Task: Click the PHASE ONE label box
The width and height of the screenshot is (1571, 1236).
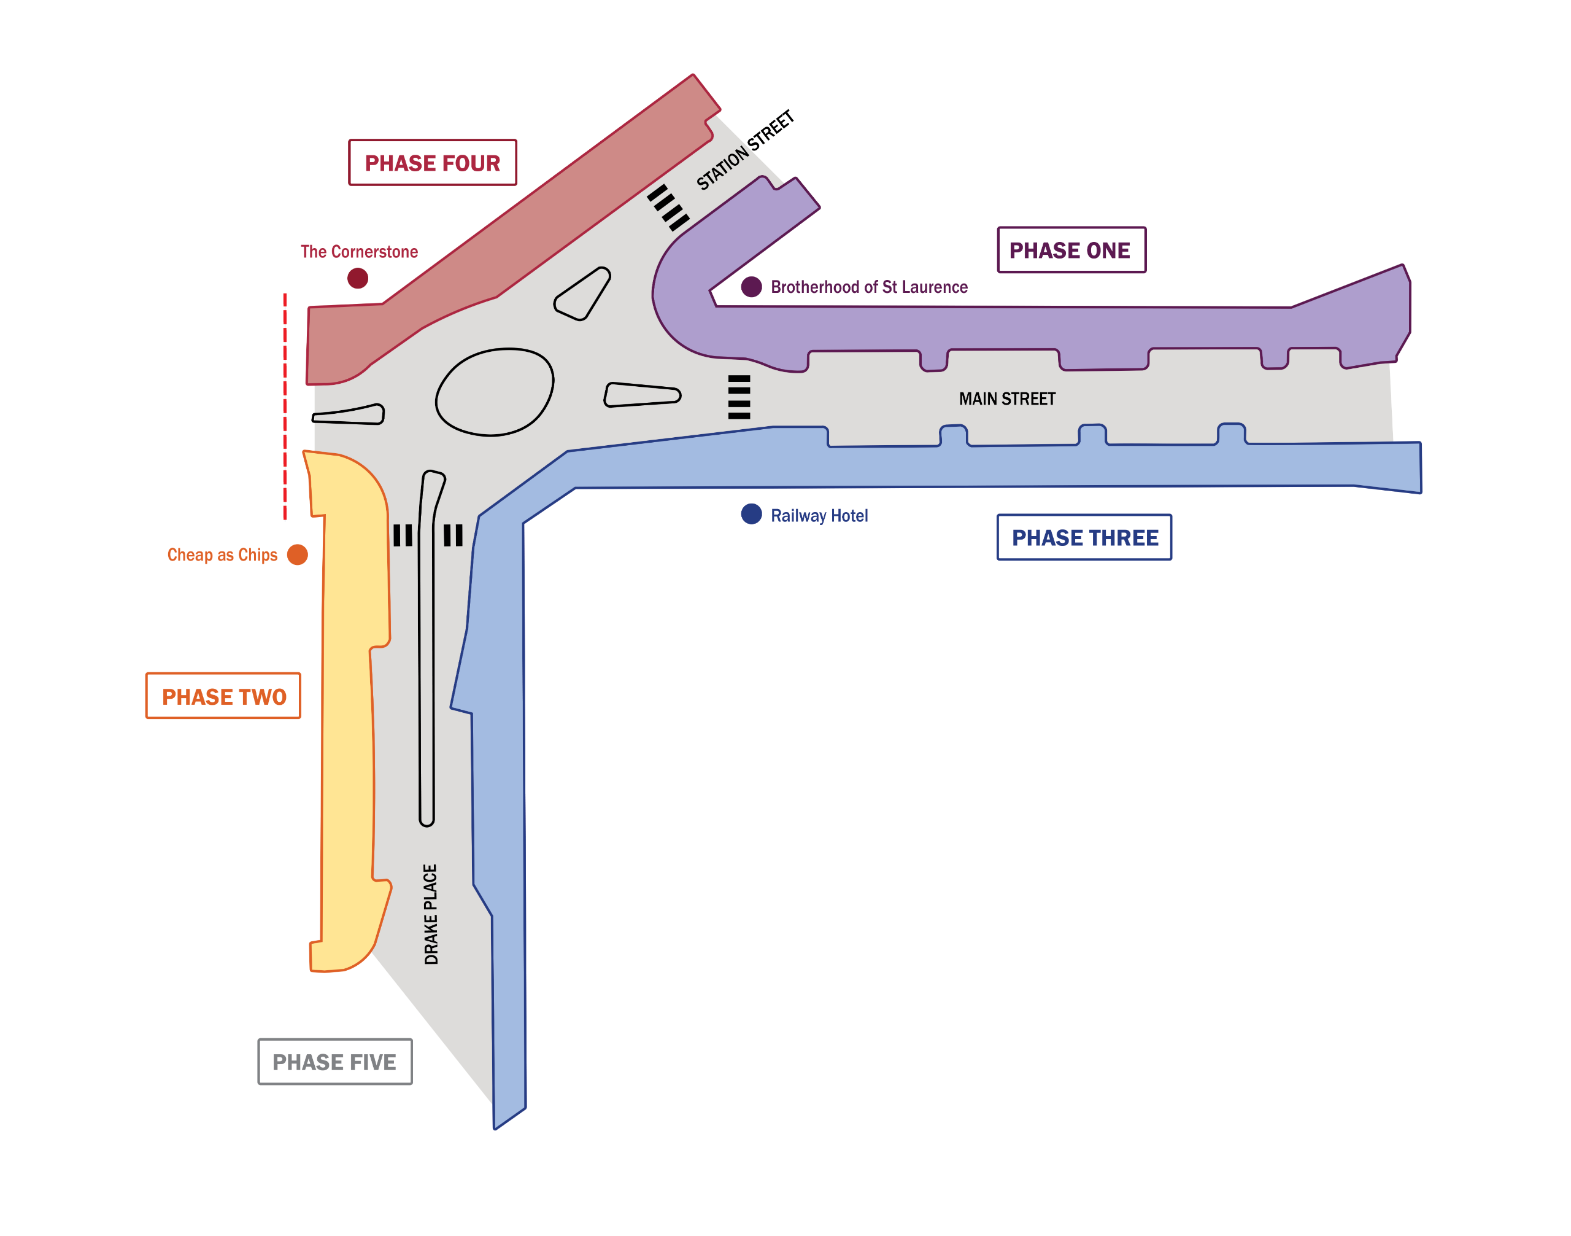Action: click(x=1071, y=250)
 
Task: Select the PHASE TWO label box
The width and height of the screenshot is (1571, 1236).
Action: click(x=223, y=696)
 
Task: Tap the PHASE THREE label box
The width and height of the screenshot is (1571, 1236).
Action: click(x=1084, y=537)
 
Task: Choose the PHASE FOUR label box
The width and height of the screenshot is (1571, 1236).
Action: click(x=433, y=162)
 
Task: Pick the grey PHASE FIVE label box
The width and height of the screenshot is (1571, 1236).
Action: click(x=335, y=1062)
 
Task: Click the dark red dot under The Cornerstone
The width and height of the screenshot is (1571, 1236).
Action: click(x=357, y=278)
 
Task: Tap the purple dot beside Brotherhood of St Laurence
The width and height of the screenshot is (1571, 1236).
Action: click(x=752, y=287)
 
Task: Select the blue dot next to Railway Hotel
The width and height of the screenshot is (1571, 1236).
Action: click(x=752, y=514)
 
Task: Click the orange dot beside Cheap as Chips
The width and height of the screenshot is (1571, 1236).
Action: click(x=297, y=554)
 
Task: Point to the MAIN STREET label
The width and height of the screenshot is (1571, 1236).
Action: click(x=1007, y=398)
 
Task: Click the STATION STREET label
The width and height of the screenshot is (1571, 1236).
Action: click(x=745, y=150)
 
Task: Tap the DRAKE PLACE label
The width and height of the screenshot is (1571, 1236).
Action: click(x=431, y=914)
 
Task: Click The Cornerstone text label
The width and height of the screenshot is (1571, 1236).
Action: click(x=359, y=251)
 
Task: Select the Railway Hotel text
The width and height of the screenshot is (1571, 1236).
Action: click(x=819, y=515)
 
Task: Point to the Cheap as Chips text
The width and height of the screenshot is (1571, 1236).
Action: click(x=222, y=554)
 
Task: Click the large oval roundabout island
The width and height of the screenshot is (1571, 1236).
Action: click(x=495, y=392)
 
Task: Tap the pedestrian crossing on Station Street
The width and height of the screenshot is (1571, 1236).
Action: click(x=668, y=208)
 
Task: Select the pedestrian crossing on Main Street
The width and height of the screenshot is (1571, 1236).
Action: click(x=738, y=397)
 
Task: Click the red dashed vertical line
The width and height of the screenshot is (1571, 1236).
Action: click(x=285, y=406)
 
